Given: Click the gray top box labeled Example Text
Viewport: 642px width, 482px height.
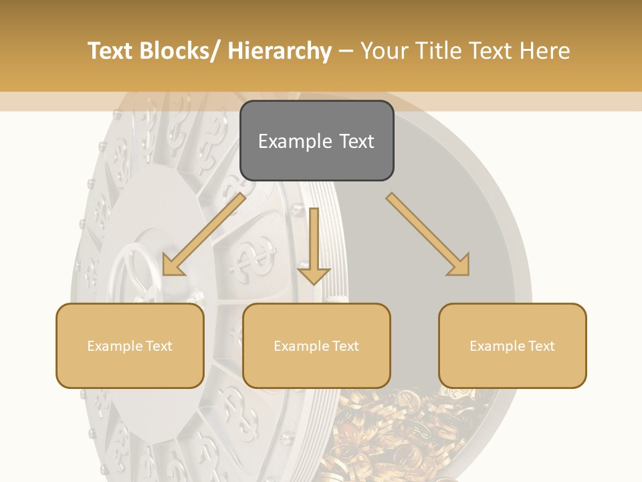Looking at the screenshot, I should [316, 141].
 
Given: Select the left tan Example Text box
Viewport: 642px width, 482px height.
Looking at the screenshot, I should [130, 345].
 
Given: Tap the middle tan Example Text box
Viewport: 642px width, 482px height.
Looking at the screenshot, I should [316, 345].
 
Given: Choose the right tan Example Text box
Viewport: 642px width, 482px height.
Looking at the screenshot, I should [512, 345].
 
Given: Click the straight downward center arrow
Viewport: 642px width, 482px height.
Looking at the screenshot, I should [314, 244].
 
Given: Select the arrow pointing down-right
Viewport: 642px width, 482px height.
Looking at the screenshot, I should [428, 234].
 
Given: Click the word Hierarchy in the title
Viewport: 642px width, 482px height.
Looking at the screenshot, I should [279, 51].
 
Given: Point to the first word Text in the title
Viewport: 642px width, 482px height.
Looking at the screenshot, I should [112, 51].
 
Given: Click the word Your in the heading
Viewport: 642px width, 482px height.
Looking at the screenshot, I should [385, 51].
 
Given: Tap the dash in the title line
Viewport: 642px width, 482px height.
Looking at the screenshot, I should [346, 51].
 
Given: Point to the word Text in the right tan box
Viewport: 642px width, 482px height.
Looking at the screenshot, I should [540, 345].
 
